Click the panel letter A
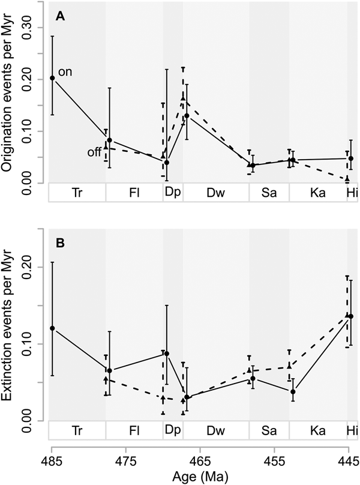[x=61, y=16]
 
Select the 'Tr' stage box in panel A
[x=77, y=193]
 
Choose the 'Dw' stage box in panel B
[x=216, y=431]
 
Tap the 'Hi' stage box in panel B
[x=352, y=431]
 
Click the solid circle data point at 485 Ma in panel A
[x=52, y=78]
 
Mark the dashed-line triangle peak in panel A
[x=183, y=98]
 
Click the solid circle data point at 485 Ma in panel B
[x=52, y=328]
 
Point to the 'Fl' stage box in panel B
[x=134, y=431]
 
